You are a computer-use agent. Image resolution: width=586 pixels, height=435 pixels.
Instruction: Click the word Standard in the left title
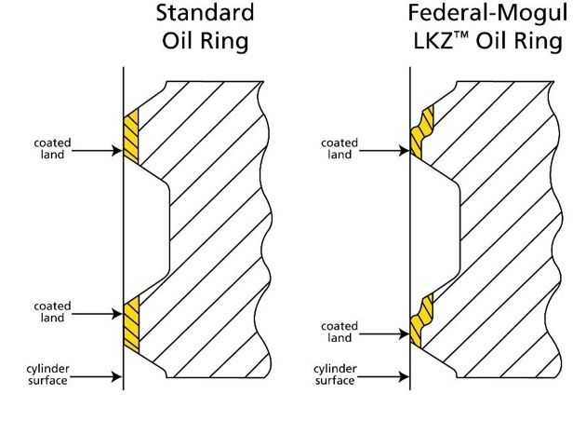coord(205,12)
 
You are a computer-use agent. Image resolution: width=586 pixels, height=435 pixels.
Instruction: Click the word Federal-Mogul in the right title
coord(487,14)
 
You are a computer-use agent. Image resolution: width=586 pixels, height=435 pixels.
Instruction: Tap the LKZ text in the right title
coord(433,41)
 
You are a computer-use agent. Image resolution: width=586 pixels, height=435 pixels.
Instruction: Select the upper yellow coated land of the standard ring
coord(131,136)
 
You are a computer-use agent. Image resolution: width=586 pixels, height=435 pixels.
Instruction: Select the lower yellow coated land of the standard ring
coord(131,324)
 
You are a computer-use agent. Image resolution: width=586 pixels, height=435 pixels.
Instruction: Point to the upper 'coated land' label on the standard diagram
coord(52,149)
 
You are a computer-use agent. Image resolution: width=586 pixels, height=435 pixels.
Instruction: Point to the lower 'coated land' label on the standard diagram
coord(52,312)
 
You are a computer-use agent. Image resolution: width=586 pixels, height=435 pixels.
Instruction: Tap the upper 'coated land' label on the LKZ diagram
coord(340,149)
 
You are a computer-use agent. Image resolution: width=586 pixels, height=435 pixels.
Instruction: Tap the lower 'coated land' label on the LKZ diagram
coord(340,332)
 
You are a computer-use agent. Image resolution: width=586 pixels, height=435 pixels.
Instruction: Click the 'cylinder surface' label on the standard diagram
coord(47,374)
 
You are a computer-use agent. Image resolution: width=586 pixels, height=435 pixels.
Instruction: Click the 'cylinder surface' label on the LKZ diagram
coord(335,374)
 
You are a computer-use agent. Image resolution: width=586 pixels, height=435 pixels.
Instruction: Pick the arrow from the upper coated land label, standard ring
coord(97,151)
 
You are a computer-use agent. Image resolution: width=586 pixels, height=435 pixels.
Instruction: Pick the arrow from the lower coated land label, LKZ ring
coord(384,333)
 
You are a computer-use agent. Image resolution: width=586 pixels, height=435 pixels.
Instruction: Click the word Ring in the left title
coord(227,41)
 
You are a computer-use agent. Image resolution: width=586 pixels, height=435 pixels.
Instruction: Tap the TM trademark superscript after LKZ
coord(461,35)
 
